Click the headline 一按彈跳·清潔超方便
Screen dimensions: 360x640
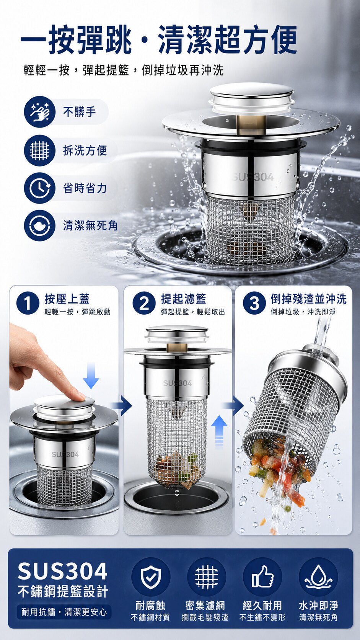click(159, 40)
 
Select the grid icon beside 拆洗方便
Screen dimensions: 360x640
click(39, 150)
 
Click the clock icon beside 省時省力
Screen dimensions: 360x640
click(39, 188)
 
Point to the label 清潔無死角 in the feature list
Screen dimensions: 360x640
click(90, 226)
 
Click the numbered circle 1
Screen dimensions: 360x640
click(28, 304)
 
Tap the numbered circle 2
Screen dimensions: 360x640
click(144, 304)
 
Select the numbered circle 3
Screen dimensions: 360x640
click(254, 304)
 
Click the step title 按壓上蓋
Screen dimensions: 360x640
click(67, 299)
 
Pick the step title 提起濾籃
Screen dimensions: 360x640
click(184, 299)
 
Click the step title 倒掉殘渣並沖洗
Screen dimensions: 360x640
click(309, 299)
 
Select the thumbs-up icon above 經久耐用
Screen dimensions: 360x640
click(262, 577)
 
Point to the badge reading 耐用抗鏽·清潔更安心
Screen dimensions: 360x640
click(64, 612)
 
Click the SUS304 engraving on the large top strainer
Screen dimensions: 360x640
click(252, 178)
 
